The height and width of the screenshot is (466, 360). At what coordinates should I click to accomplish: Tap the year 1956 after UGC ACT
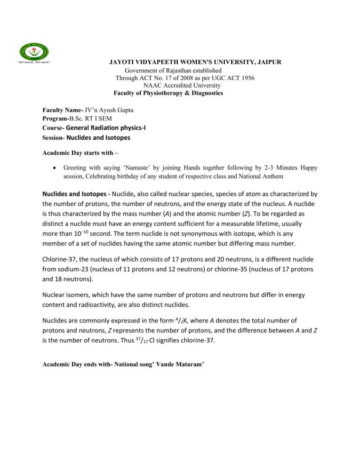[245, 78]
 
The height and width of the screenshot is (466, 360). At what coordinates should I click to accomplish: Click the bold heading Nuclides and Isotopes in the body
[79, 193]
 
